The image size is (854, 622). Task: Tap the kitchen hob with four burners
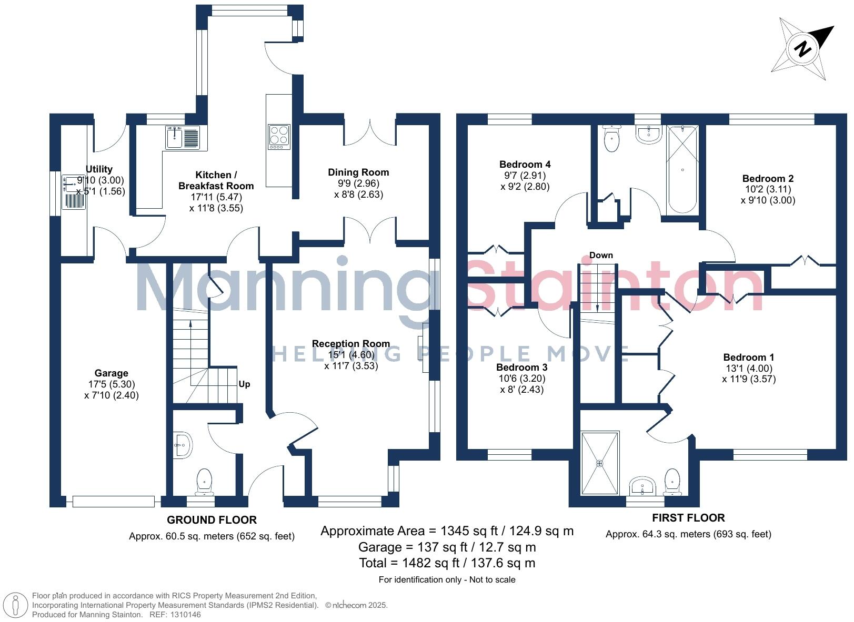tap(278, 135)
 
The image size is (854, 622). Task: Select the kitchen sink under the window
tap(182, 138)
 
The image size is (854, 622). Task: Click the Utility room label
tap(99, 169)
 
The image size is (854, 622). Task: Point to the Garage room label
tap(111, 373)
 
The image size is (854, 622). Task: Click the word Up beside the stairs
tap(244, 384)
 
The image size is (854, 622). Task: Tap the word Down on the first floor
tap(600, 255)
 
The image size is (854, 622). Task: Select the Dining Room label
tap(358, 172)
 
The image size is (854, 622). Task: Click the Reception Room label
tap(351, 343)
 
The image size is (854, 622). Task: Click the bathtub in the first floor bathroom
tap(682, 169)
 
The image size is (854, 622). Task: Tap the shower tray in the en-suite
tap(600, 463)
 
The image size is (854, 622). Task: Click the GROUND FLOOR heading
tap(212, 519)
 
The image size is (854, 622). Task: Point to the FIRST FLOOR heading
tap(688, 517)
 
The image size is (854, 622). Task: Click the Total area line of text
tap(447, 563)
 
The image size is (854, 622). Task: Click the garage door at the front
tap(113, 501)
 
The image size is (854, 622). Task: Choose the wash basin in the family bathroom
tap(648, 134)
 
